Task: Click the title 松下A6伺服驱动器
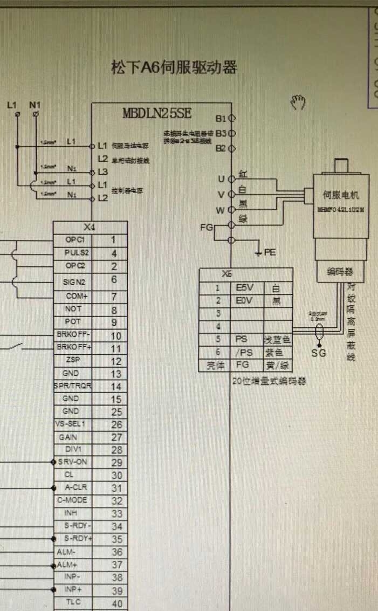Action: [174, 67]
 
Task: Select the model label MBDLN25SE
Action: [157, 113]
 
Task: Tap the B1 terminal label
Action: [221, 119]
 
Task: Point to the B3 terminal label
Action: [221, 133]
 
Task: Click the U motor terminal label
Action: [221, 179]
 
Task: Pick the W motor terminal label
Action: [220, 210]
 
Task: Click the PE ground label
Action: [270, 252]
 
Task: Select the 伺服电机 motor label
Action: [341, 195]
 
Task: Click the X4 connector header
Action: [90, 227]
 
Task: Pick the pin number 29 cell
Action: [116, 463]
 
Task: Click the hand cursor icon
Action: [298, 101]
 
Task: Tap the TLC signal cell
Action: [73, 602]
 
